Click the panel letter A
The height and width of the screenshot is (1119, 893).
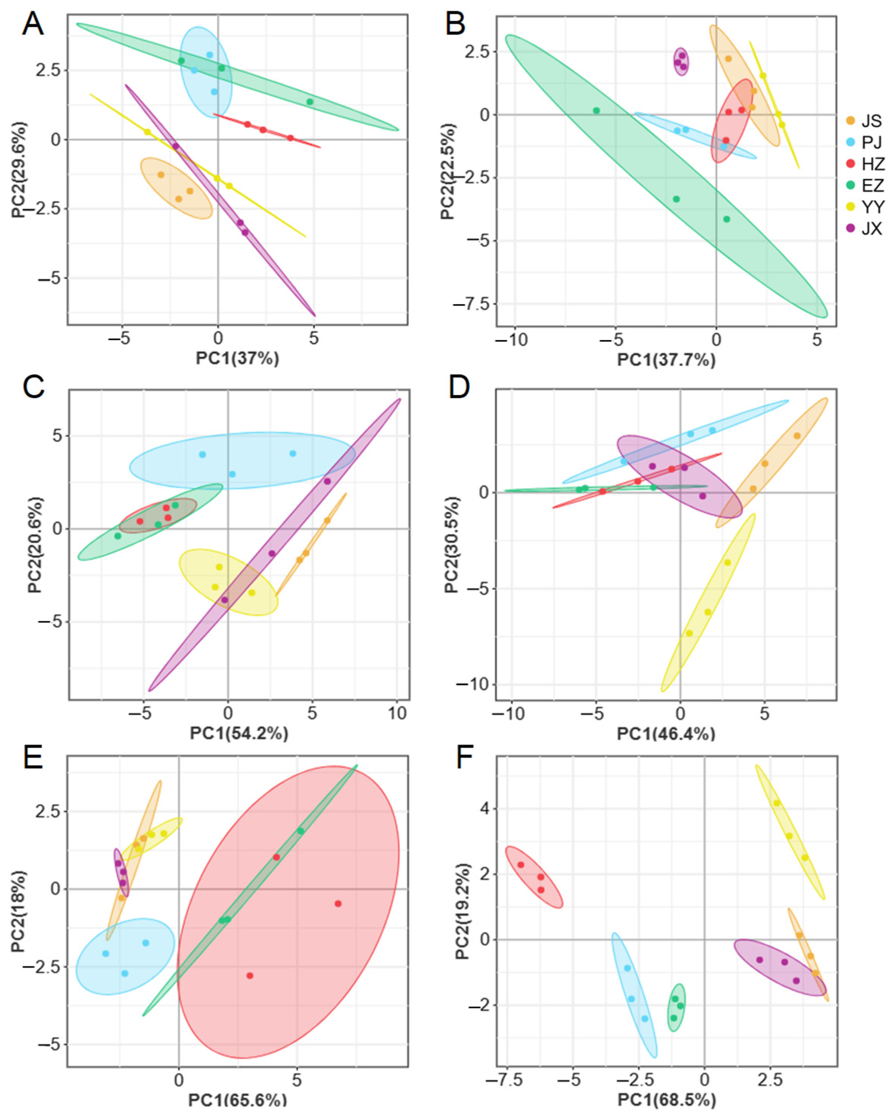(x=32, y=24)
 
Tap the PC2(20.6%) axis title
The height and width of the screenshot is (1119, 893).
(x=35, y=545)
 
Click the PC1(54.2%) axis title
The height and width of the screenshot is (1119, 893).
(x=239, y=733)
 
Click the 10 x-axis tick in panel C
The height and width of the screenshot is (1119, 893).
(x=397, y=714)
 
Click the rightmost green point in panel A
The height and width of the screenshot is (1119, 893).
(x=310, y=102)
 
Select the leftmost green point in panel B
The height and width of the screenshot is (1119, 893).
(x=596, y=111)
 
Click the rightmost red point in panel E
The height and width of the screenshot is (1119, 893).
(x=337, y=904)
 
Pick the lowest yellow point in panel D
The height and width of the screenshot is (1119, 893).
(x=689, y=633)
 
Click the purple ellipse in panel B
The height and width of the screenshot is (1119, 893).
(x=681, y=61)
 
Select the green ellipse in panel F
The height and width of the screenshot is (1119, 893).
(x=677, y=1008)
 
